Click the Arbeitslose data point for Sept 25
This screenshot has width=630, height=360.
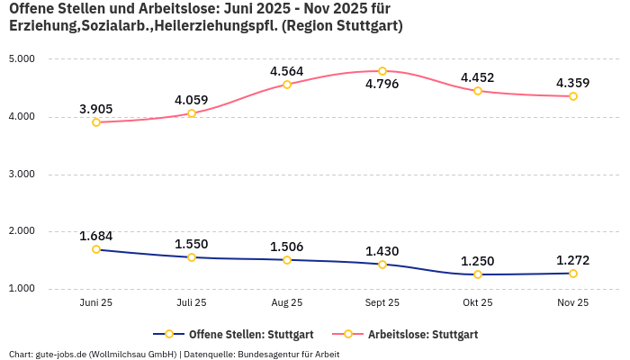pyautogui.click(x=382, y=71)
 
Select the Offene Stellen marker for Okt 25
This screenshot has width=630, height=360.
pyautogui.click(x=478, y=274)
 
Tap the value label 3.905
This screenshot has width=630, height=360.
pyautogui.click(x=96, y=109)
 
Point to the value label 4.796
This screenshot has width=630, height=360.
pyautogui.click(x=382, y=85)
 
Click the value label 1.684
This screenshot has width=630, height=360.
pyautogui.click(x=96, y=236)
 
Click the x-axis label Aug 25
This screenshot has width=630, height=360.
pyautogui.click(x=287, y=303)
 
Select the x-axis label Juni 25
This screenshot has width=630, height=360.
pyautogui.click(x=96, y=303)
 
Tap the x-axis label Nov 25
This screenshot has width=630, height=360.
pyautogui.click(x=573, y=303)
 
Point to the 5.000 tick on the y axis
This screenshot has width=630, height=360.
pyautogui.click(x=21, y=59)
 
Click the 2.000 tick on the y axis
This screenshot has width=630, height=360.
pyautogui.click(x=21, y=231)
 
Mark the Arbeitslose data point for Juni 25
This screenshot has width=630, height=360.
pyautogui.click(x=96, y=122)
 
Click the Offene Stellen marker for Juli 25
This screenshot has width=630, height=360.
pyautogui.click(x=192, y=257)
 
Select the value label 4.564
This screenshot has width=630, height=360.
pyautogui.click(x=287, y=71)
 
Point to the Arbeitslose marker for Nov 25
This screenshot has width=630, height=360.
pyautogui.click(x=573, y=96)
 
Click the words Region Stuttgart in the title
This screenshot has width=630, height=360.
pyautogui.click(x=342, y=26)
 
